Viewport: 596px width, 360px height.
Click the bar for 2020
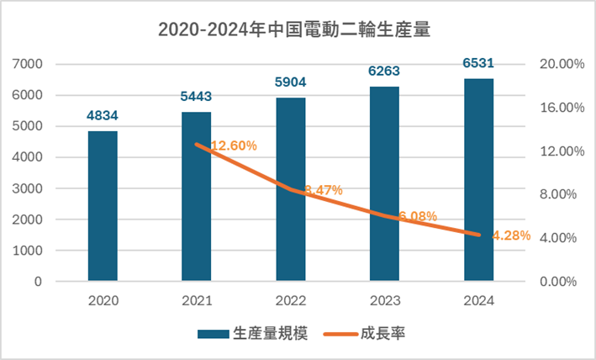pos(103,206)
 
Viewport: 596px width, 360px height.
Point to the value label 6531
pos(478,64)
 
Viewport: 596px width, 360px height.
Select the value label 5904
pos(291,83)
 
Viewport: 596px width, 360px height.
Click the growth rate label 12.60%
pos(234,146)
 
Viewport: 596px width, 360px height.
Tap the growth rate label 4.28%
pos(511,236)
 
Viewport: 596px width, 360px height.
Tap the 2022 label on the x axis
pos(291,300)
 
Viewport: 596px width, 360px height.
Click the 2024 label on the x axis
pos(478,300)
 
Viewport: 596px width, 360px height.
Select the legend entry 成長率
pos(388,334)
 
